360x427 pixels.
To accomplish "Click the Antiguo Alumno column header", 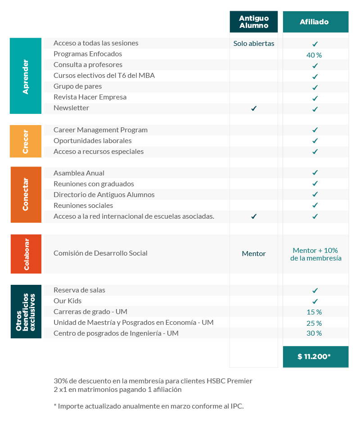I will pyautogui.click(x=253, y=22).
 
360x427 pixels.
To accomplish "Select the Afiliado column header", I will pyautogui.click(x=315, y=22).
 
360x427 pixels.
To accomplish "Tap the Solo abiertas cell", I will pyautogui.click(x=254, y=44).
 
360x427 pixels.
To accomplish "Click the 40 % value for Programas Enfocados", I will pyautogui.click(x=314, y=55).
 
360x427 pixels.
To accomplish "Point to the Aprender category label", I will pyautogui.click(x=26, y=76).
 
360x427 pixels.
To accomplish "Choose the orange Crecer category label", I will pyautogui.click(x=26, y=141).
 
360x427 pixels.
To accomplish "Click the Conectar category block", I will pyautogui.click(x=26, y=194).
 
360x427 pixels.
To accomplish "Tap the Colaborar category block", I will pyautogui.click(x=26, y=254).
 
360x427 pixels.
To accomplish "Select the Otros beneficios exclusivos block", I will pyautogui.click(x=26, y=311).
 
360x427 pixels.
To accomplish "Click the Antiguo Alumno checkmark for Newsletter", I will pyautogui.click(x=254, y=108).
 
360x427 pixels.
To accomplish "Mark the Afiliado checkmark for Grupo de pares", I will pyautogui.click(x=315, y=87).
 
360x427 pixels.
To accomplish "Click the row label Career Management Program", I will pyautogui.click(x=100, y=130).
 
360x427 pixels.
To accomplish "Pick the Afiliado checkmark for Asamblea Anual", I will pyautogui.click(x=315, y=173).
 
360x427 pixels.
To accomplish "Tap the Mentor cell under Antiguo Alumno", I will pyautogui.click(x=254, y=254).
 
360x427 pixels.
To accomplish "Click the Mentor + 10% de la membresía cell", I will pyautogui.click(x=315, y=254).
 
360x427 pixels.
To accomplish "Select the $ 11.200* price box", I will pyautogui.click(x=315, y=356).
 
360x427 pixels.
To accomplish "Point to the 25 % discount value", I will pyautogui.click(x=314, y=323).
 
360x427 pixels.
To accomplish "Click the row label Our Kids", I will pyautogui.click(x=67, y=301).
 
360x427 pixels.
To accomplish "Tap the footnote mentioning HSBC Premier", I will pyautogui.click(x=153, y=381).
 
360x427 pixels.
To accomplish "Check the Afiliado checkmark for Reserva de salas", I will pyautogui.click(x=315, y=290).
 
